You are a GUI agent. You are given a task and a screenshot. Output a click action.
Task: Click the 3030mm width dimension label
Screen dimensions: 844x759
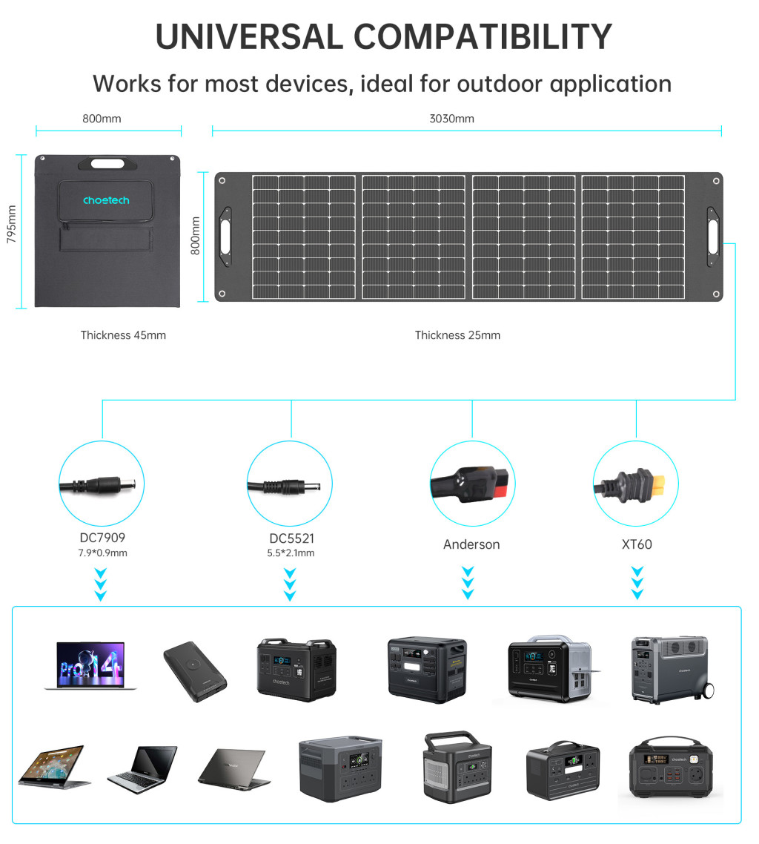tap(451, 119)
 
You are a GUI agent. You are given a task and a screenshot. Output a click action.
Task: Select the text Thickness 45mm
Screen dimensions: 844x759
tap(123, 335)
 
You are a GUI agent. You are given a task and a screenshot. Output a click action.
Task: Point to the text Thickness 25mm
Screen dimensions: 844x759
tap(457, 335)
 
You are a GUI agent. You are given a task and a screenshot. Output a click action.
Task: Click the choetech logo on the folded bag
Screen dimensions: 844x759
tap(106, 200)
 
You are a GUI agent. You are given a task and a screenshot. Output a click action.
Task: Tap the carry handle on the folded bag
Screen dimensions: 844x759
tap(107, 162)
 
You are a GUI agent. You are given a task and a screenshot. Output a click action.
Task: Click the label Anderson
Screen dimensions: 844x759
tap(471, 544)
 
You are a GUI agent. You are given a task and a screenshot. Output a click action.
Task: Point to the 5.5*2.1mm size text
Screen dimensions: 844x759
tap(291, 553)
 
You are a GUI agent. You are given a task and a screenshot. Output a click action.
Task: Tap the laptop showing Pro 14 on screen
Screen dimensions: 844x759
tap(90, 665)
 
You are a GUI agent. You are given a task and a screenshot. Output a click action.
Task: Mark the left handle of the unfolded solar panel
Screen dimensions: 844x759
tap(225, 237)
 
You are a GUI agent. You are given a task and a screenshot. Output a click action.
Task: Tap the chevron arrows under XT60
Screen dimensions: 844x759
tap(637, 583)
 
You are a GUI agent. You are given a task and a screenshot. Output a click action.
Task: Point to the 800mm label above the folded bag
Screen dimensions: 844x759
tap(102, 119)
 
